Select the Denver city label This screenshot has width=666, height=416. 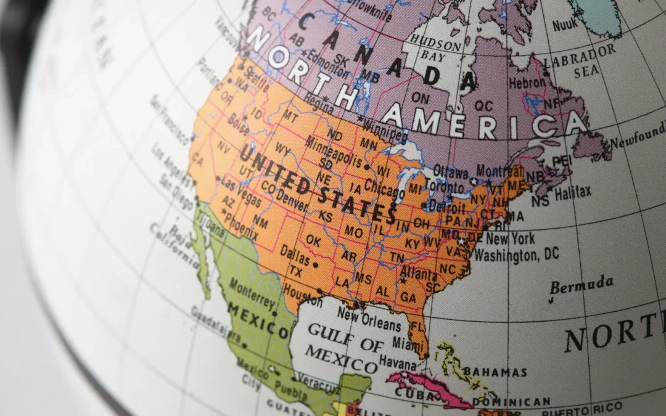tap(291, 199)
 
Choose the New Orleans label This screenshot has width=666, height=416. tap(369, 319)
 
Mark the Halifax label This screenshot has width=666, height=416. tap(572, 192)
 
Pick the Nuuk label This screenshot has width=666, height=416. tap(565, 25)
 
